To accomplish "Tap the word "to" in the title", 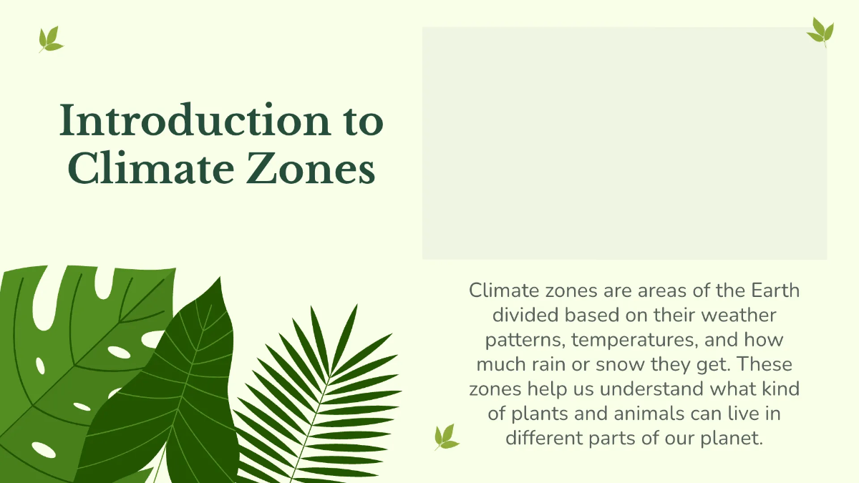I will point(359,122).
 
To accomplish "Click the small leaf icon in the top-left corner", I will point(50,39).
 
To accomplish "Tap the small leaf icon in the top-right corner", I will point(820,31).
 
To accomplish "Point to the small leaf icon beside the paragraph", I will point(445,436).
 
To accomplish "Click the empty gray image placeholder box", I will point(624,143).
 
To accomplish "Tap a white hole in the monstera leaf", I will point(119,352).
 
